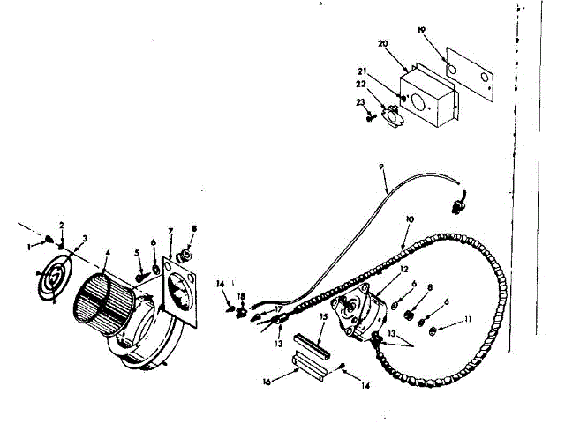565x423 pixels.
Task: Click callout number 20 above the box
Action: [x=382, y=43]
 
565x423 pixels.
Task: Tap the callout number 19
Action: [x=421, y=31]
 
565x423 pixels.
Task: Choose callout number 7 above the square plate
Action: [x=170, y=231]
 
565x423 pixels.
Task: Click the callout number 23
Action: [x=360, y=103]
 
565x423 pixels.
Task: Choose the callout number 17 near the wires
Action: [x=277, y=308]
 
